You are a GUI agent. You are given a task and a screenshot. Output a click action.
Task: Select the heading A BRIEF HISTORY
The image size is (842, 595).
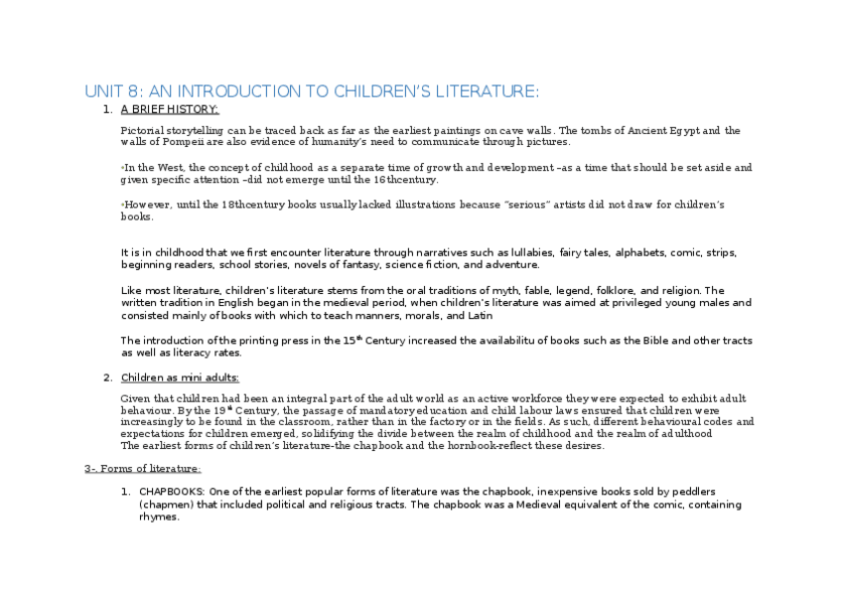170,109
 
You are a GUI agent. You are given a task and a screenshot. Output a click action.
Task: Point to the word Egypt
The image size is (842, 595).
693,131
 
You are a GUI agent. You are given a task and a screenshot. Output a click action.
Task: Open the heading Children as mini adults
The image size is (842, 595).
180,377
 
